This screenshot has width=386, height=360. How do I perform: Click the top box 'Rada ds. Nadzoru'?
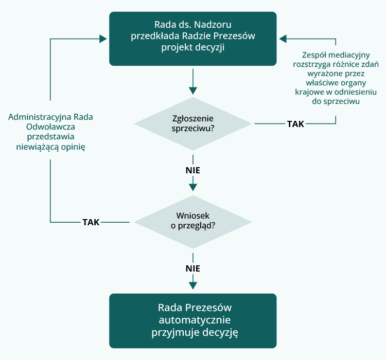pos(192,39)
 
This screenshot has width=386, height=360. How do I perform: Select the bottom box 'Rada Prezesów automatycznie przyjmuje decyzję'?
pos(192,320)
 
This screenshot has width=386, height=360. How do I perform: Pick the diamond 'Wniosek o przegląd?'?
pos(192,222)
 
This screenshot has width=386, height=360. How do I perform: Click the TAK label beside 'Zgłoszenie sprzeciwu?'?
pos(295,124)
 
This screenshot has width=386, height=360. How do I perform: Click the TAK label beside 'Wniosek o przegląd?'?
pos(91,222)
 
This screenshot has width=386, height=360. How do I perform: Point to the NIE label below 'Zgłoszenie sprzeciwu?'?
pos(193,170)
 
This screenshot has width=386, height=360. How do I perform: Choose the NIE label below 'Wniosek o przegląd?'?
pos(193,268)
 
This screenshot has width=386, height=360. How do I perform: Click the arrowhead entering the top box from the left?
pos(103,39)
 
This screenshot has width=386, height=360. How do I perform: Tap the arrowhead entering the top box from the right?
pos(283,39)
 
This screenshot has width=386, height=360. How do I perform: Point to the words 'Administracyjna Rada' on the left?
pos(54,117)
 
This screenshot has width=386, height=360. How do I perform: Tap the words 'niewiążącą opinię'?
pos(54,147)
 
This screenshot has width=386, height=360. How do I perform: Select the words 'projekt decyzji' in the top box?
pos(192,48)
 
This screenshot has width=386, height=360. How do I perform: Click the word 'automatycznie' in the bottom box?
pos(192,320)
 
